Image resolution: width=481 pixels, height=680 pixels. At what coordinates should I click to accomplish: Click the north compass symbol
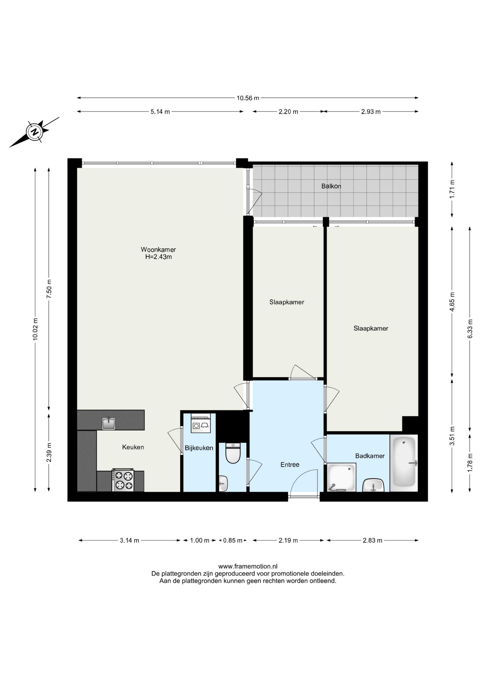(x=34, y=132)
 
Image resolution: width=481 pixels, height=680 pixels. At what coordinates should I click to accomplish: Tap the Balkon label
(x=331, y=186)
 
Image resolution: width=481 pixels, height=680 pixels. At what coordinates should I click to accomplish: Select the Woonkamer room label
(x=158, y=249)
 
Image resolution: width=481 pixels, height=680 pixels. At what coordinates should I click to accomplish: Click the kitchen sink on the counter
(x=109, y=423)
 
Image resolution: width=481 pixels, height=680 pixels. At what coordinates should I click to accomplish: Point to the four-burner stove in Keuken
(x=123, y=480)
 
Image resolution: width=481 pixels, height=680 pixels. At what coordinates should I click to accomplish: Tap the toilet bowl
(x=233, y=453)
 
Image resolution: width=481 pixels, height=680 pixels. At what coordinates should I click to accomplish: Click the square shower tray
(x=341, y=478)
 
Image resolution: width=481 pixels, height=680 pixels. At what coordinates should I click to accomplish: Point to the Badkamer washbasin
(x=373, y=485)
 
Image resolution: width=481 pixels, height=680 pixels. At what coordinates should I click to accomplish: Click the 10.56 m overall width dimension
(x=248, y=98)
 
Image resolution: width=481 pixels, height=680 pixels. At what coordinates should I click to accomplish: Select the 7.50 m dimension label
(x=49, y=289)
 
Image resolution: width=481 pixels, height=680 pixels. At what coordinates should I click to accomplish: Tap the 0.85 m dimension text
(x=233, y=540)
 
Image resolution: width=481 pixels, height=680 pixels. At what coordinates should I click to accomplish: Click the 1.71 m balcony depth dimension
(x=452, y=189)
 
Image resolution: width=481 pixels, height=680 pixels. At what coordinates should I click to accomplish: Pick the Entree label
(x=290, y=465)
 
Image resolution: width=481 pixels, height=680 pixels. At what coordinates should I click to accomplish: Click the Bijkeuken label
(x=199, y=448)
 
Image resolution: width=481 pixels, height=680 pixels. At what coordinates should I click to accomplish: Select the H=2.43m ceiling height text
(x=158, y=257)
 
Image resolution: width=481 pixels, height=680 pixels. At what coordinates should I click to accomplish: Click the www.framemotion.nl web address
(x=248, y=567)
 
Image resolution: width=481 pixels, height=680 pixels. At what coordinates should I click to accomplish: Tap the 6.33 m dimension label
(x=470, y=329)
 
